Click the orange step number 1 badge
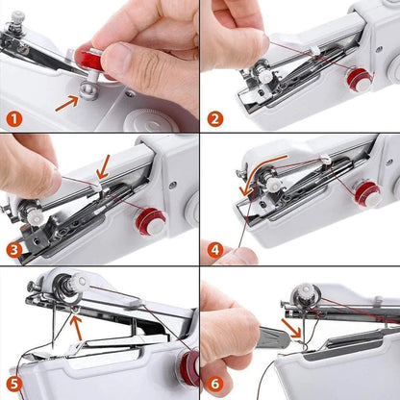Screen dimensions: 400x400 pyautogui.click(x=13, y=121)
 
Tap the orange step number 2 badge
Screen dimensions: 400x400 pyautogui.click(x=213, y=121)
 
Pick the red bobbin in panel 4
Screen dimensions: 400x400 pyautogui.click(x=367, y=193)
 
